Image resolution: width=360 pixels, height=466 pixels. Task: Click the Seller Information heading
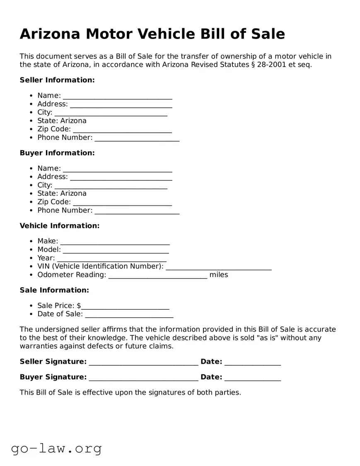(x=57, y=80)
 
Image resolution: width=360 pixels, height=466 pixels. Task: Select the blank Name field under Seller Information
(x=117, y=96)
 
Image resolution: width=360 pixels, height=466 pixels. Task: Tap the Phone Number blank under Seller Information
(x=137, y=138)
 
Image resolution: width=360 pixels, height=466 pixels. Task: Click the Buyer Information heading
(x=57, y=153)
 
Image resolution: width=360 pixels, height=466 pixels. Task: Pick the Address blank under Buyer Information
(x=121, y=177)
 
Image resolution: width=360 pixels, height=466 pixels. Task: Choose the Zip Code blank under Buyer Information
(x=122, y=202)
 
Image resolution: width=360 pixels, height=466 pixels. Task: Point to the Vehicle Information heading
(x=60, y=226)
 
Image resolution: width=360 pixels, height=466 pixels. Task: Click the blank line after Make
(x=115, y=242)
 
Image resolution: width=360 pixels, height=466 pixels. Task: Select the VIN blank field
(x=218, y=267)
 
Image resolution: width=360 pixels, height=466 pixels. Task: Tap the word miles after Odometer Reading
(x=219, y=275)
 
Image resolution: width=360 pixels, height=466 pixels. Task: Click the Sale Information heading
(x=54, y=290)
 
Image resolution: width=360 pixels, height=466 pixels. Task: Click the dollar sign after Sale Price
(x=79, y=306)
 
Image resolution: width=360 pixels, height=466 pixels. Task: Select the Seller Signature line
(x=143, y=362)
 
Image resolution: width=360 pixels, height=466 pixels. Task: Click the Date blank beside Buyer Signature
(x=252, y=378)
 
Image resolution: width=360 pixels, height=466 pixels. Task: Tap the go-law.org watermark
(x=56, y=448)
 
